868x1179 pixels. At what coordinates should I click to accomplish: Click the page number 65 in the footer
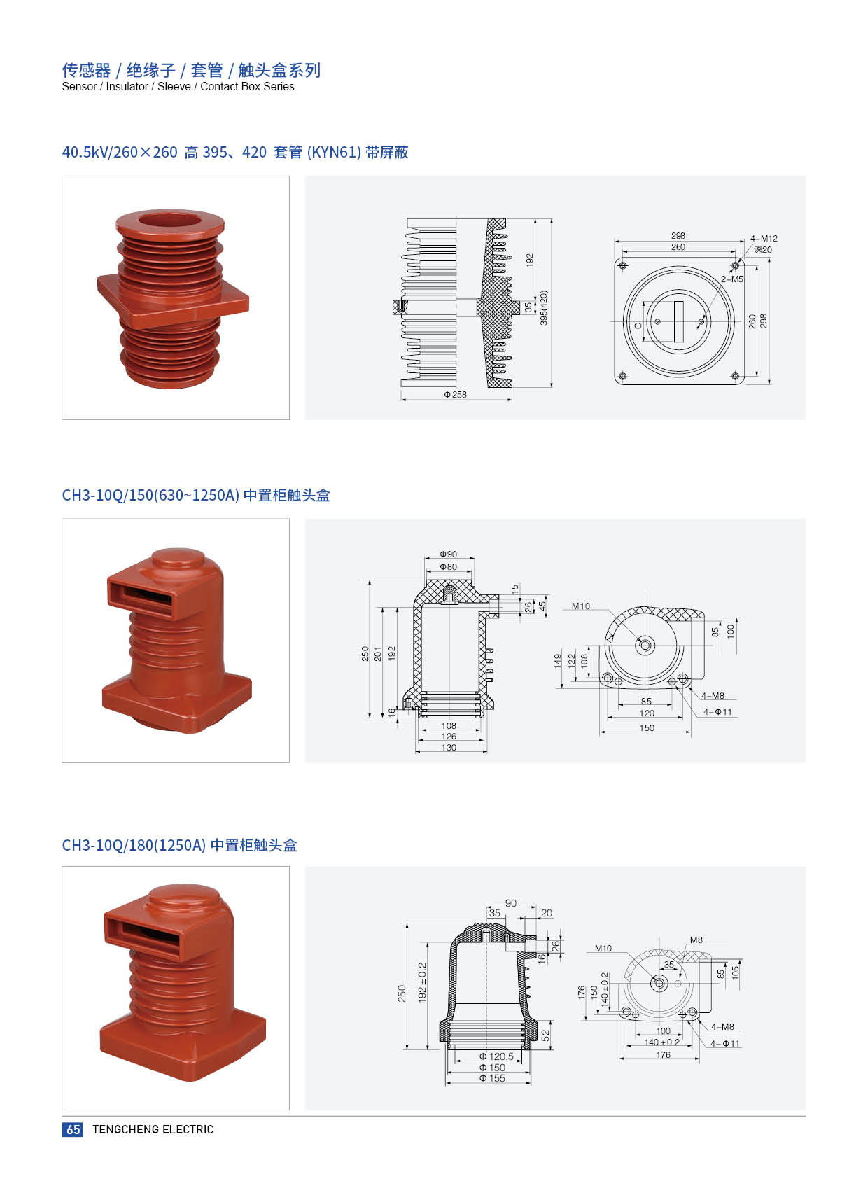pos(73,1129)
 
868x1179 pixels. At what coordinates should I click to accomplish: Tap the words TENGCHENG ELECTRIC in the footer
pos(153,1129)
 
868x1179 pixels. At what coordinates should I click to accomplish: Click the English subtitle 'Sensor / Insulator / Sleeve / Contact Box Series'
pos(178,86)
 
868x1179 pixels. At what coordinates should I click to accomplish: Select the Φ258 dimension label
pos(455,394)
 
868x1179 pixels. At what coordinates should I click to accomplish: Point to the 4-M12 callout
pos(764,239)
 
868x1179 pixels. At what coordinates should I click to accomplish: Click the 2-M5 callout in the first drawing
pos(732,279)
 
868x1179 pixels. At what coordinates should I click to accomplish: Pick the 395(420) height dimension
pos(545,308)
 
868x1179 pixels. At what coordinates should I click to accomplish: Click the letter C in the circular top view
pos(638,326)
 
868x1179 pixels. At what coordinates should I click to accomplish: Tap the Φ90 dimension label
pos(449,554)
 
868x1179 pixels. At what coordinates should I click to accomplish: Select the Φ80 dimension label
pos(449,567)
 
